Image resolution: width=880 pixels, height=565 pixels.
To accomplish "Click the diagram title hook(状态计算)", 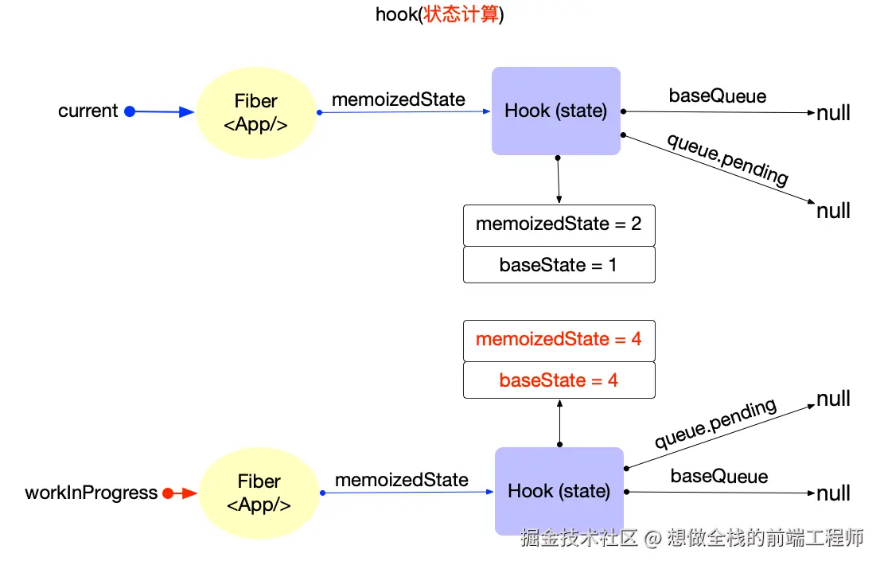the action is (439, 14).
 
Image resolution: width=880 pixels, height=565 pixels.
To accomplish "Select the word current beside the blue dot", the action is (88, 111).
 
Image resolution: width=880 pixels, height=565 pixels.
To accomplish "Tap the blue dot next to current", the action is (130, 111).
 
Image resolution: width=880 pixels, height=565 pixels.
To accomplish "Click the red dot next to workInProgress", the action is (168, 493).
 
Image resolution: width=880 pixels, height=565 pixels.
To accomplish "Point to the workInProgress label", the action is (92, 493).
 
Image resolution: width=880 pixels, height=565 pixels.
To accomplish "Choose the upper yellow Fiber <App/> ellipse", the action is (256, 113).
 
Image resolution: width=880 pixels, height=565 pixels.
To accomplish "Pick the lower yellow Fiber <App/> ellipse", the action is (259, 493).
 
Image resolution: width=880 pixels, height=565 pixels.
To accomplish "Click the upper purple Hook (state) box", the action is (556, 111).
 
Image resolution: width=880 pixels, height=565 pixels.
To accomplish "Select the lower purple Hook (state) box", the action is (559, 492).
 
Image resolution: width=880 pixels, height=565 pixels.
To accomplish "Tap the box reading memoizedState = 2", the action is (559, 225).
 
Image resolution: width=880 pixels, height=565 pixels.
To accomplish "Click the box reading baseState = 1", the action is (559, 265).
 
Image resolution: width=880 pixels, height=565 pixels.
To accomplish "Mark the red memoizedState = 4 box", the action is (559, 341).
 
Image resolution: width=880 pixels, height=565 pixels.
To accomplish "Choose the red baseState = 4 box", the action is (559, 380).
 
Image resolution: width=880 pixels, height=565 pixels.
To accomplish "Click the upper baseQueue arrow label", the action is (718, 96).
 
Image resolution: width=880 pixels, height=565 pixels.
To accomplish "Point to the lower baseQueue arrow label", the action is (719, 477).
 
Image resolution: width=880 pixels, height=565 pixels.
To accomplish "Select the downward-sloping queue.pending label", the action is (728, 159).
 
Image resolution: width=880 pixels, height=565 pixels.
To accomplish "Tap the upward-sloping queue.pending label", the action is (716, 423).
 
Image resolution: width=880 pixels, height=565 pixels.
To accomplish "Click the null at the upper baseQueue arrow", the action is (833, 113).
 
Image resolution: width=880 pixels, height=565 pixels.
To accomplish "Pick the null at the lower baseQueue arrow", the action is (833, 493).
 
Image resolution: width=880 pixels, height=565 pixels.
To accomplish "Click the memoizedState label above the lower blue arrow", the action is (402, 480).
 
